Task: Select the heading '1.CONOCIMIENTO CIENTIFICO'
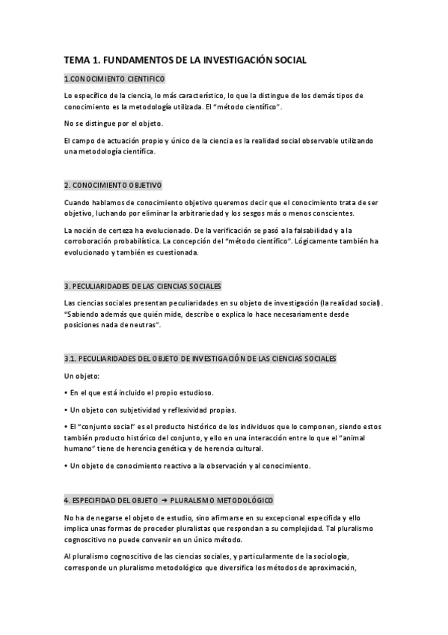point(114,79)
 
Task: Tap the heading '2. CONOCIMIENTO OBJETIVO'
point(113,185)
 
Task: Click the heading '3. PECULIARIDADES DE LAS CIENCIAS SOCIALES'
point(142,286)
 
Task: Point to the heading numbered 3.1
point(200,359)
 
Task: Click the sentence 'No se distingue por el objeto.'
point(113,124)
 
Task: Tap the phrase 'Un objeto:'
point(82,375)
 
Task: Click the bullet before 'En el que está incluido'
point(66,392)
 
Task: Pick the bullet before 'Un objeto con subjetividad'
point(66,410)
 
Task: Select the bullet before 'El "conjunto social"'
point(66,426)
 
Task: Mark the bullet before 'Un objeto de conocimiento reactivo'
point(66,466)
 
